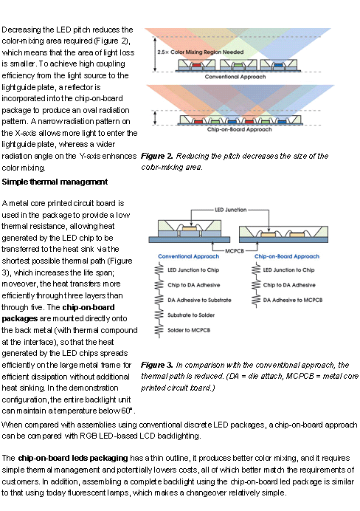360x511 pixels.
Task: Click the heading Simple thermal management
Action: point(55,182)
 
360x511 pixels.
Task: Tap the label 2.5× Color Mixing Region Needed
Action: point(201,52)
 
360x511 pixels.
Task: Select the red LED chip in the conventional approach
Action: point(196,65)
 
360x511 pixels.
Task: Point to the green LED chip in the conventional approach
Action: point(238,65)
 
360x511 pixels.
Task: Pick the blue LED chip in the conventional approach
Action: point(278,65)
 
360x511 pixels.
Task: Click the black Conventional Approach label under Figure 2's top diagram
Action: point(235,77)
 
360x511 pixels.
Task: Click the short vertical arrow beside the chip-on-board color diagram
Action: point(155,117)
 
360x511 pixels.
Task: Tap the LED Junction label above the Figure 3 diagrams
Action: point(230,210)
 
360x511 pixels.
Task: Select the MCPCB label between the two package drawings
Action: point(235,251)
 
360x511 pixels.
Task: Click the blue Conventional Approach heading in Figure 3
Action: point(188,256)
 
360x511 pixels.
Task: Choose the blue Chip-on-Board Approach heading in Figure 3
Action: point(287,256)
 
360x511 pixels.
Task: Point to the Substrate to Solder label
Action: point(191,315)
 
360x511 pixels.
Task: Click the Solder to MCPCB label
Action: point(189,330)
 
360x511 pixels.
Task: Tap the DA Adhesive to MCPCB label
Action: point(293,300)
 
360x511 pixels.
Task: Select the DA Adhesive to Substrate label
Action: point(199,300)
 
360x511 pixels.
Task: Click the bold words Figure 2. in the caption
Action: point(157,156)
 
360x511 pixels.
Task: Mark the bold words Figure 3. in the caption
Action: point(157,365)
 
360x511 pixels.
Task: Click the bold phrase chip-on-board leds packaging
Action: point(73,459)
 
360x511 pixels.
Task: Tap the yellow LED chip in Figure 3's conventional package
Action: point(189,228)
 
